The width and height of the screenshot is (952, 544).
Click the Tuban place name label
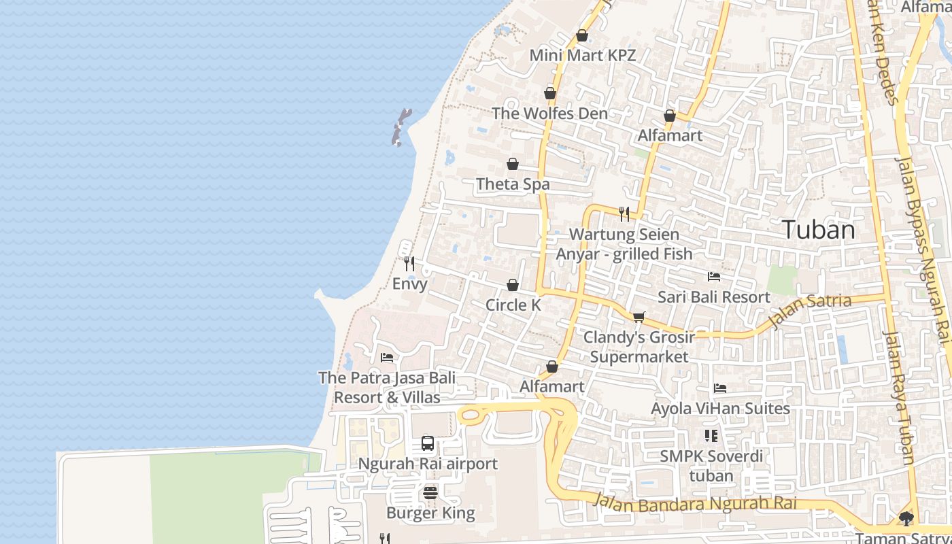(x=818, y=230)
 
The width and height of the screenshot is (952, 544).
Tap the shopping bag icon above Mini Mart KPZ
(x=582, y=35)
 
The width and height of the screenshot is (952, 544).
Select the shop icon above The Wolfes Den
(x=550, y=93)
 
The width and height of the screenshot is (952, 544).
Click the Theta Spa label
(x=513, y=184)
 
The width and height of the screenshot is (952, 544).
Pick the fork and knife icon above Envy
(x=409, y=263)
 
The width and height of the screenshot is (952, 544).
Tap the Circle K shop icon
(x=513, y=285)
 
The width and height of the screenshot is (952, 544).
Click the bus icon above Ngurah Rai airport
(x=428, y=443)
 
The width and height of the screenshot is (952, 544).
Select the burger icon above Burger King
(x=430, y=492)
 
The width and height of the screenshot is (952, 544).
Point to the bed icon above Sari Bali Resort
(x=714, y=276)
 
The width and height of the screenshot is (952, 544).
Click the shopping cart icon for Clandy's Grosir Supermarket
(x=639, y=317)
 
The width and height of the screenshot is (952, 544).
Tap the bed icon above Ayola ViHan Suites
(x=720, y=388)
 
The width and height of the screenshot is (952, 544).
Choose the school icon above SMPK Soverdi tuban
(x=711, y=435)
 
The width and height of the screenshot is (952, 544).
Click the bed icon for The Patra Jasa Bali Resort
(x=387, y=357)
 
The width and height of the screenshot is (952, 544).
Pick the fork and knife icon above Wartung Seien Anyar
(x=624, y=214)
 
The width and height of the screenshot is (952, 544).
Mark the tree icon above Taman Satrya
(x=906, y=519)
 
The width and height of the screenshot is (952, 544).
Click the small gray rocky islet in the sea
(x=401, y=127)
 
